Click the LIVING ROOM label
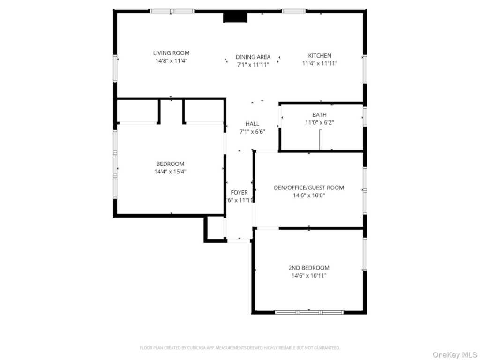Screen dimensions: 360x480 point(171,53)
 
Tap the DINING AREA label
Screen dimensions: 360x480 point(253,57)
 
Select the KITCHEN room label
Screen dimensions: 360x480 point(319,55)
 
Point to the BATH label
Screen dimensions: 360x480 point(319,115)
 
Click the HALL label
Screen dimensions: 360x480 point(252,124)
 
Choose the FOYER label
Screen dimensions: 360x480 point(239,192)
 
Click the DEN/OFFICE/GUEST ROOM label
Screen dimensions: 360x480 point(308,187)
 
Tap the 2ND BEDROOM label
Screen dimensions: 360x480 point(308,268)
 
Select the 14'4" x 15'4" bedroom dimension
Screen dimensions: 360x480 point(170,172)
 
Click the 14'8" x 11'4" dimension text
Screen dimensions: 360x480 point(171,61)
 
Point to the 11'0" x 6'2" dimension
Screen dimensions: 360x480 point(319,123)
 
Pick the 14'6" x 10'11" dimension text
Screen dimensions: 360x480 point(308,276)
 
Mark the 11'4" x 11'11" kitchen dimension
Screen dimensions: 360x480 point(319,63)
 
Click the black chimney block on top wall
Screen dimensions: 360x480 point(235,17)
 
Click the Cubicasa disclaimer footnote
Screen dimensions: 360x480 point(240,348)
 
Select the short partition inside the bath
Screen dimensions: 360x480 point(321,140)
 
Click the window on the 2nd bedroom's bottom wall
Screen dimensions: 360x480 point(309,312)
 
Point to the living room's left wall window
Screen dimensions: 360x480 point(115,68)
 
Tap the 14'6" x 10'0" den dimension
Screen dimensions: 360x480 point(308,195)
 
